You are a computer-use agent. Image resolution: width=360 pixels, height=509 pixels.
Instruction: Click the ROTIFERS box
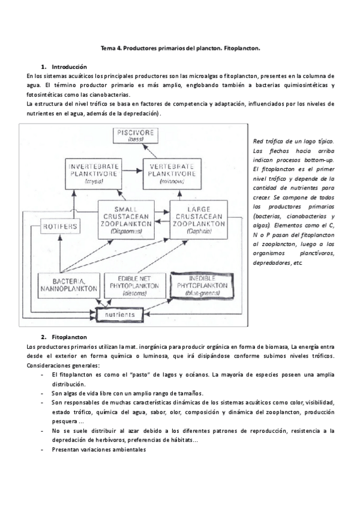coord(58,226)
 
